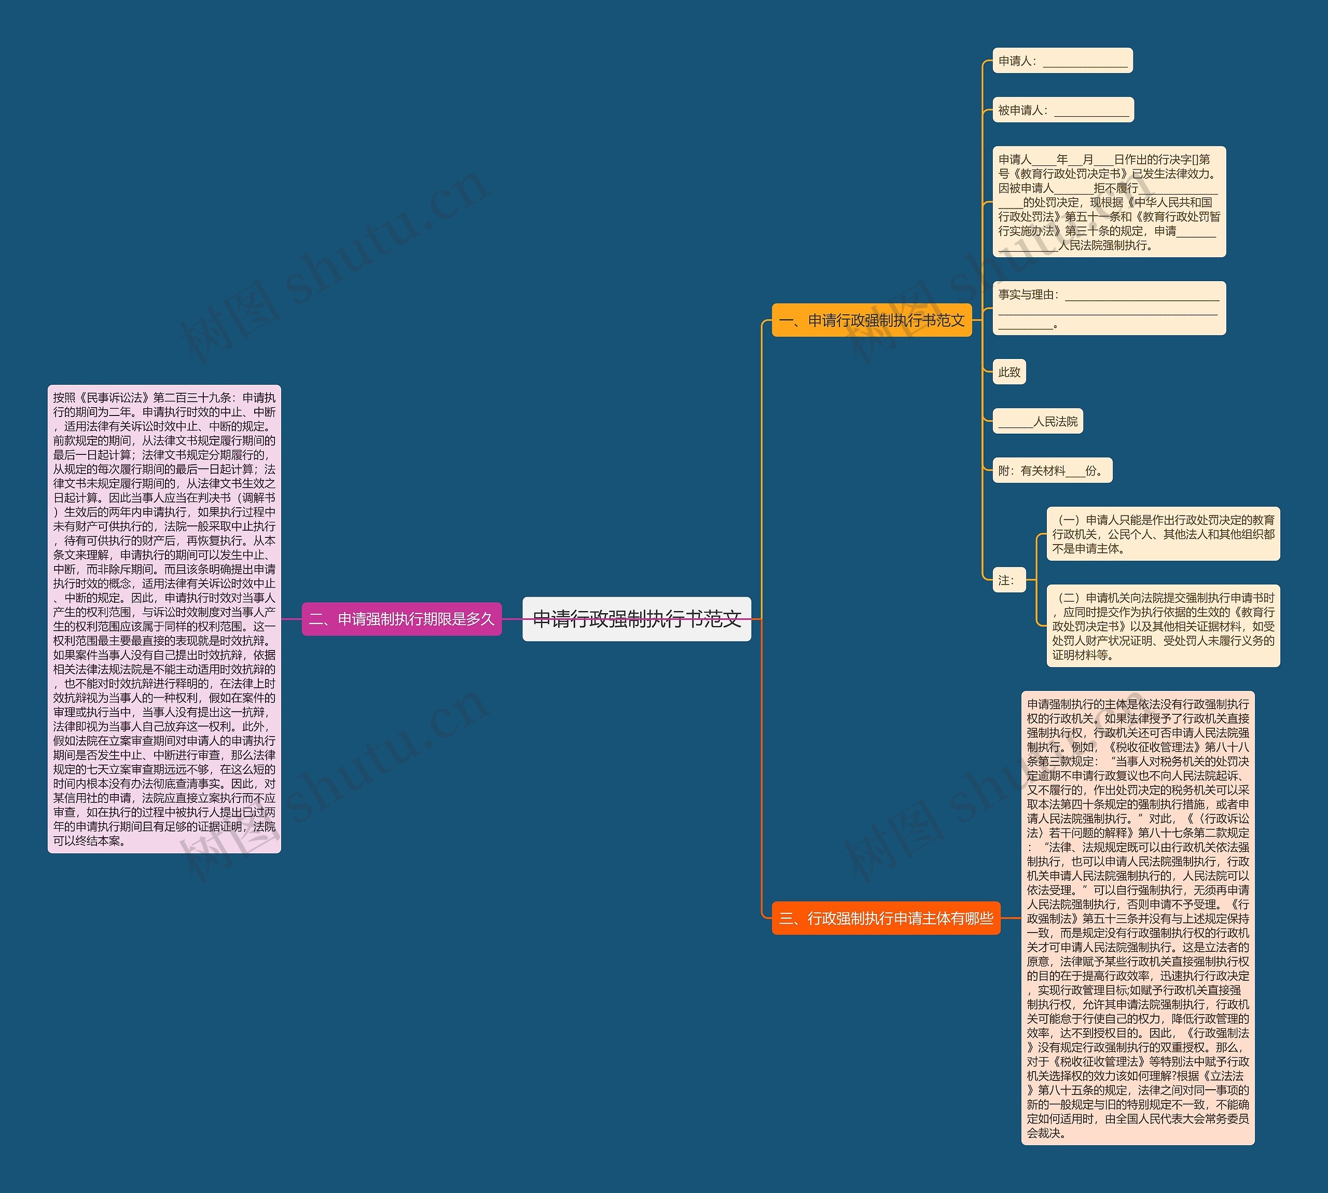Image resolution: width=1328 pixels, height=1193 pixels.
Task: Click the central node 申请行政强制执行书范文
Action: click(x=637, y=619)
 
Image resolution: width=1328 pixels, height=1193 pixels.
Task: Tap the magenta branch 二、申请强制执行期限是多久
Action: click(x=401, y=619)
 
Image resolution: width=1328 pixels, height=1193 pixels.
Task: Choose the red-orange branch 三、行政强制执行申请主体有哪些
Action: click(x=886, y=918)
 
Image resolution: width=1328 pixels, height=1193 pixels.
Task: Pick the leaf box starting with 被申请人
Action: click(x=1062, y=110)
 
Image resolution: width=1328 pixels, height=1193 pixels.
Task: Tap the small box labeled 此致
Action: click(x=1009, y=372)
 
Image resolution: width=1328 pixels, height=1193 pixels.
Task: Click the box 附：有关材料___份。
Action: click(x=1052, y=470)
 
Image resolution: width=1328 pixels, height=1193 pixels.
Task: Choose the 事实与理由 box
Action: click(x=1109, y=309)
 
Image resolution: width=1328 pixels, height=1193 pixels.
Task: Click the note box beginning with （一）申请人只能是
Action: click(x=1163, y=534)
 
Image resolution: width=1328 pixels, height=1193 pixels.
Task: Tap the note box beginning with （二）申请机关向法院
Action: click(x=1163, y=626)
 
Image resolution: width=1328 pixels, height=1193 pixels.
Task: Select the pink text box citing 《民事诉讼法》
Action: click(x=164, y=619)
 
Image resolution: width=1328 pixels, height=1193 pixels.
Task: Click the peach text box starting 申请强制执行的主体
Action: click(x=1137, y=918)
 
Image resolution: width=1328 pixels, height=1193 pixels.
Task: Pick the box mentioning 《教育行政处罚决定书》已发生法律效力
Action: click(x=1109, y=202)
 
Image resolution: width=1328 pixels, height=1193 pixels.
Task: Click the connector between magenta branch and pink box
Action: click(x=291, y=619)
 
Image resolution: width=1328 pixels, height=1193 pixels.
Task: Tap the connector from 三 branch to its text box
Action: click(x=1010, y=918)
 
